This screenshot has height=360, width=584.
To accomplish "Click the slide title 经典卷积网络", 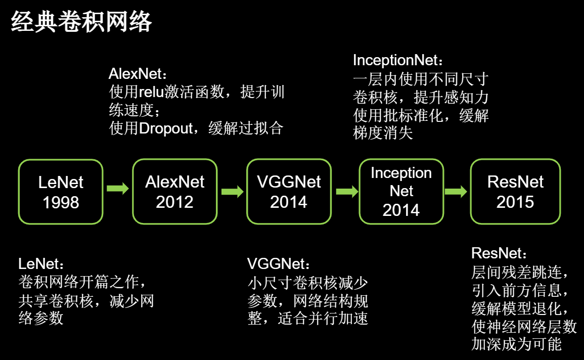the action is point(81,22).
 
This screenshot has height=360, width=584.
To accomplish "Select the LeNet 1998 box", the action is point(61,192).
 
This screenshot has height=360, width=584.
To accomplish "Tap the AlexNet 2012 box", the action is point(174,191).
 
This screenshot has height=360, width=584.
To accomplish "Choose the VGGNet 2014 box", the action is point(289,191).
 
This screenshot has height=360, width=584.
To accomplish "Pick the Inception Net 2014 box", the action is point(401,191).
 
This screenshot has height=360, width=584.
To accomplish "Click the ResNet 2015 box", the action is point(515,191).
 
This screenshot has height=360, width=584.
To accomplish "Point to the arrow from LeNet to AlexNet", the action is point(118,189).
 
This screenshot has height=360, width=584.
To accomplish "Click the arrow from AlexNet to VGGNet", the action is point(233,192).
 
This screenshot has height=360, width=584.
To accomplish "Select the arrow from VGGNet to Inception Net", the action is point(347,192).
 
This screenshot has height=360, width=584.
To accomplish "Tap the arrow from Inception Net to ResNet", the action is point(456,192).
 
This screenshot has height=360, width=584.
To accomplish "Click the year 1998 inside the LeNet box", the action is point(61,203).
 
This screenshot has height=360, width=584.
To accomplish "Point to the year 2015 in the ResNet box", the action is point(515,202).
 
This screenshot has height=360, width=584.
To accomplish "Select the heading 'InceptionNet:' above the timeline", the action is point(398,60).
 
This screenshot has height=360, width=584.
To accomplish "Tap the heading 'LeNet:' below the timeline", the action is point(41,264).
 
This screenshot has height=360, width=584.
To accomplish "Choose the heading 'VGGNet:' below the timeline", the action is point(279,264).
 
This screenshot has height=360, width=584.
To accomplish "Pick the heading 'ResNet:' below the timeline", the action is point(499,253).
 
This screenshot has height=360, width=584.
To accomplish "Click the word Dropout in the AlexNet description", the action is point(166,128).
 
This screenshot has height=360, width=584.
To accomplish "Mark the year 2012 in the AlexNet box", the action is point(174,202).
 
